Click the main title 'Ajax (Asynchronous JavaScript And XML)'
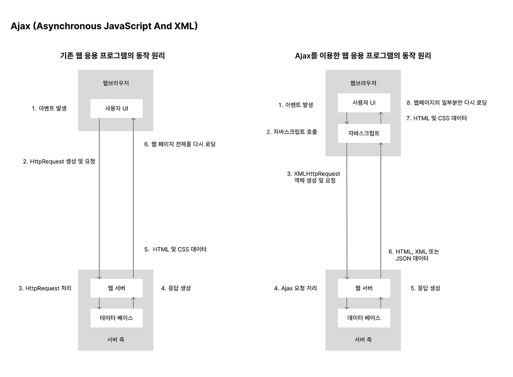(x=104, y=26)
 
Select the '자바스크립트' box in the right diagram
(x=364, y=133)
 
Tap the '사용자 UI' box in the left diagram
(x=116, y=108)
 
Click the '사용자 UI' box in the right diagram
(x=364, y=103)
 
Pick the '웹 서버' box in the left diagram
(x=116, y=288)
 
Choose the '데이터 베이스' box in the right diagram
(x=364, y=318)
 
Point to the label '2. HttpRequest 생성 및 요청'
(x=59, y=162)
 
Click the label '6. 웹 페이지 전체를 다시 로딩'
(x=180, y=144)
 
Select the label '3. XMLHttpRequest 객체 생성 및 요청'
(x=313, y=177)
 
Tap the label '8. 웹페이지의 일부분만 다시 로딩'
(x=446, y=103)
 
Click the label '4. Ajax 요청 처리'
(x=295, y=288)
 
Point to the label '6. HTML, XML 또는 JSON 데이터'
(x=414, y=255)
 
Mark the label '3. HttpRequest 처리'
(x=45, y=288)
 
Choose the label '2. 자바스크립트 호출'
(x=292, y=132)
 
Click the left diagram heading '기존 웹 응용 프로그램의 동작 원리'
(x=112, y=56)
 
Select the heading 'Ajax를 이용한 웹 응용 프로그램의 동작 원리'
(x=363, y=56)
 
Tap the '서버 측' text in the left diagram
(x=116, y=339)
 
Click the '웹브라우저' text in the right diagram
(x=363, y=83)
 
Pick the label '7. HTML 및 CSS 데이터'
(x=436, y=118)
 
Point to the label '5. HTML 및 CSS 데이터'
(x=176, y=249)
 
